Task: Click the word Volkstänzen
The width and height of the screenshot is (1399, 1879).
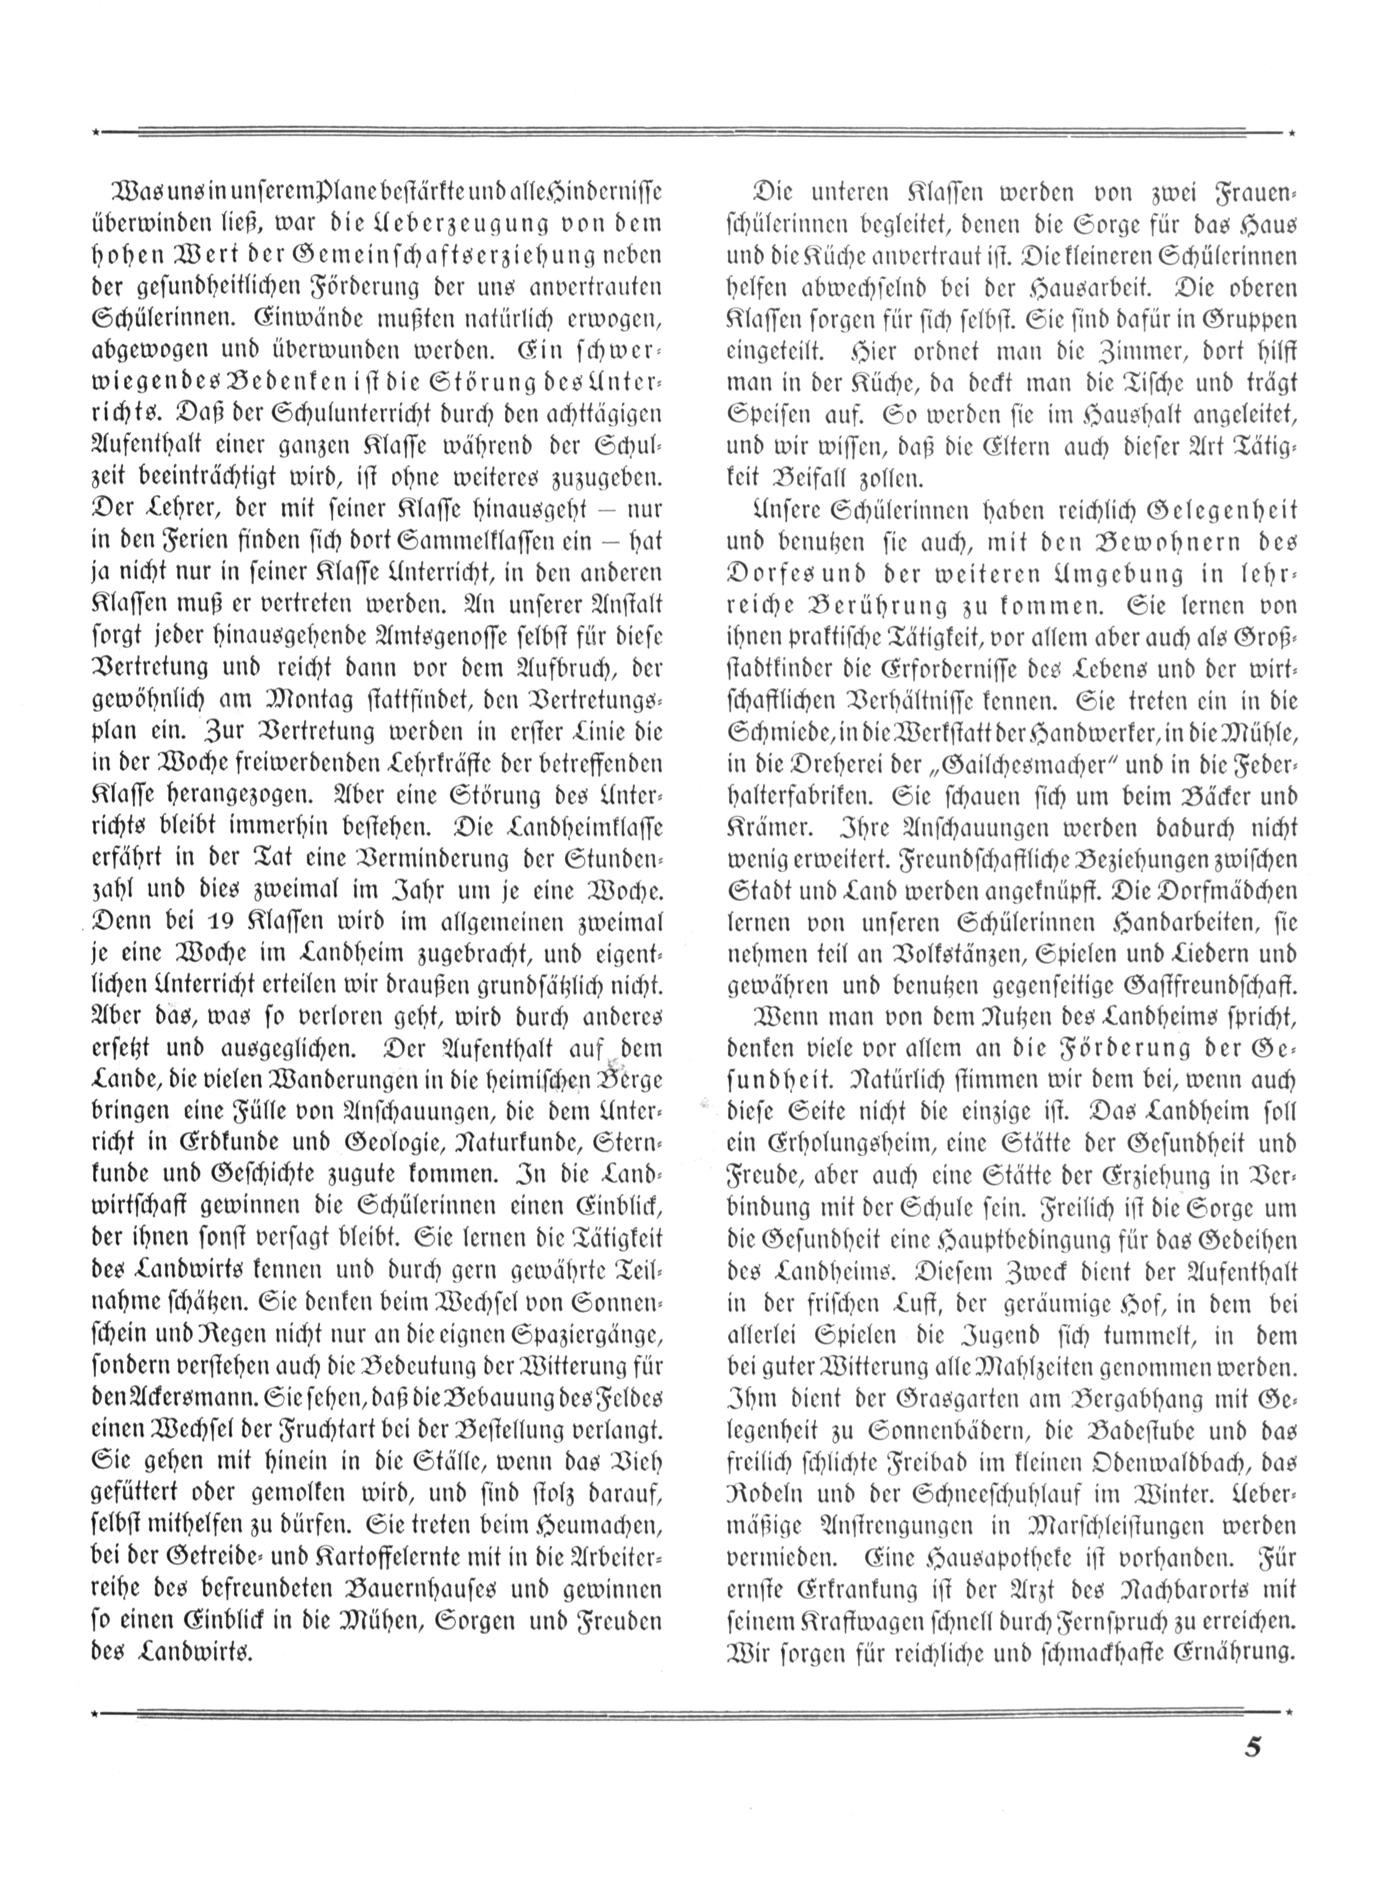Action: (x=957, y=954)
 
